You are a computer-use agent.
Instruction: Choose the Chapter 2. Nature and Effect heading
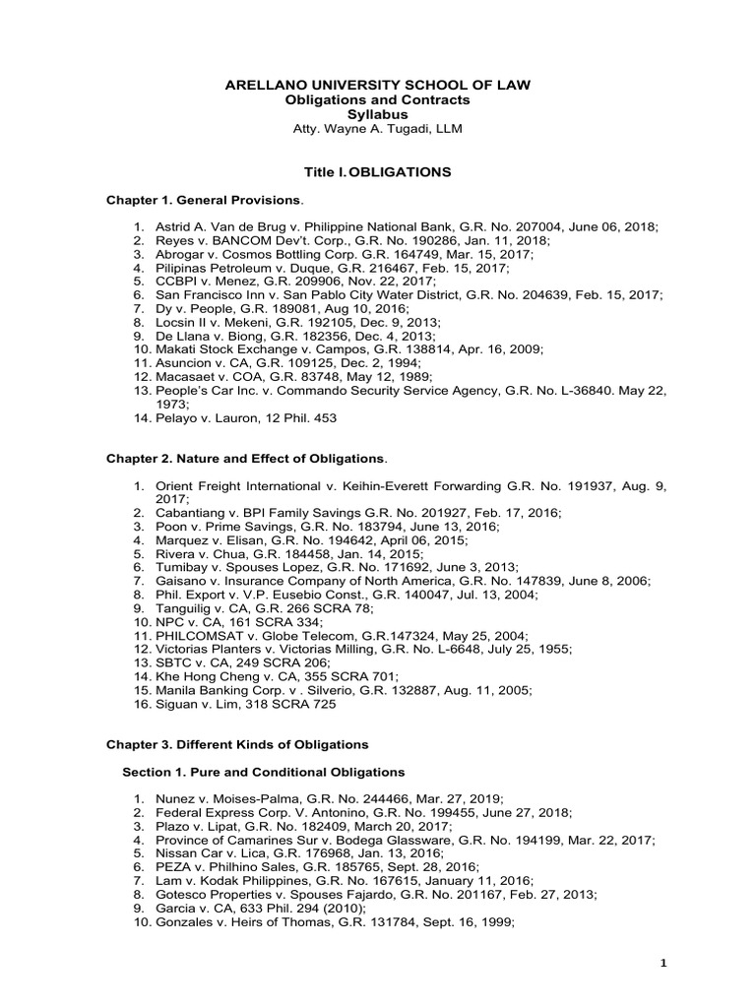click(246, 460)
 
